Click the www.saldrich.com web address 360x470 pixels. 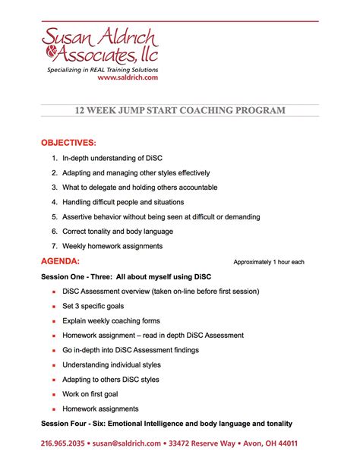pos(128,78)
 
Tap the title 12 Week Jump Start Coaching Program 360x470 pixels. pos(180,111)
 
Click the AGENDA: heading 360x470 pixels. pos(60,261)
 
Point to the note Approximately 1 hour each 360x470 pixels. pos(268,262)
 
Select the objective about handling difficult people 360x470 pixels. pos(122,202)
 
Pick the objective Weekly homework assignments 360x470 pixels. pos(112,246)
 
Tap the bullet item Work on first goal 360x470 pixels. pos(95,394)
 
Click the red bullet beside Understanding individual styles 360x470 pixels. pos(53,365)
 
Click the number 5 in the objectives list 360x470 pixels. pos(55,217)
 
